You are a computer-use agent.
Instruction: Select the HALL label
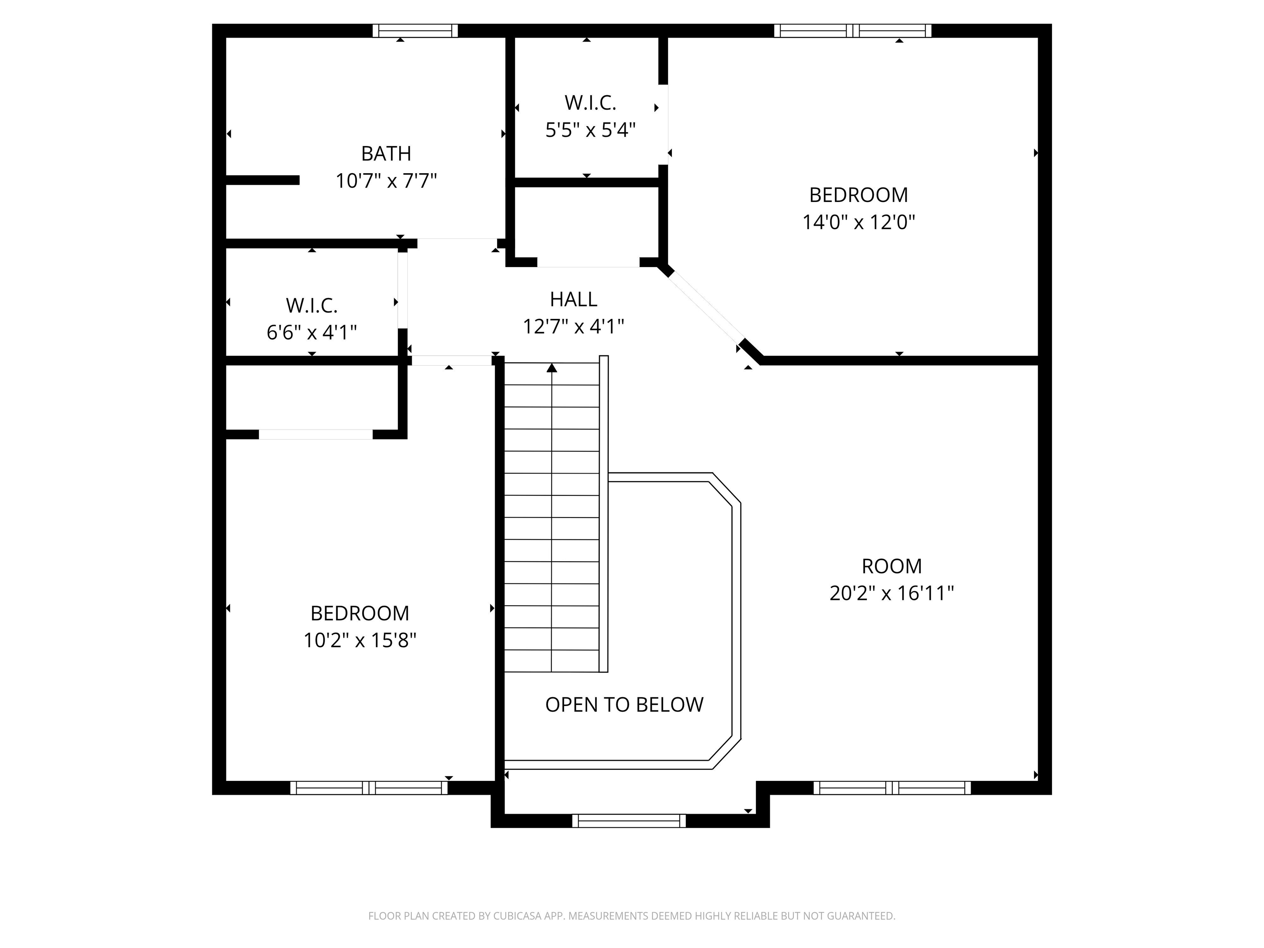[573, 299]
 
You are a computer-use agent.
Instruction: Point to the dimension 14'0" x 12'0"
[858, 222]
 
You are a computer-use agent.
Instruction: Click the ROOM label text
[892, 566]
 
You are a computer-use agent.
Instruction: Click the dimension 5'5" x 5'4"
[590, 130]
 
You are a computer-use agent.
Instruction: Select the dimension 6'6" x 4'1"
[311, 332]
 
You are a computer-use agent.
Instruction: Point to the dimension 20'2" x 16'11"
[892, 593]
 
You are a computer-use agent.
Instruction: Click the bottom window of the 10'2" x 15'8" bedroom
[369, 788]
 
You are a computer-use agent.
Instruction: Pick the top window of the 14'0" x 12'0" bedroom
[853, 31]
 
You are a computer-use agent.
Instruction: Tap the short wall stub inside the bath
[262, 180]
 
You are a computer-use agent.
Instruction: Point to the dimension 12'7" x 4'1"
[573, 326]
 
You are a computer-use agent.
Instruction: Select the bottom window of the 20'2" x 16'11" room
[892, 788]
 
